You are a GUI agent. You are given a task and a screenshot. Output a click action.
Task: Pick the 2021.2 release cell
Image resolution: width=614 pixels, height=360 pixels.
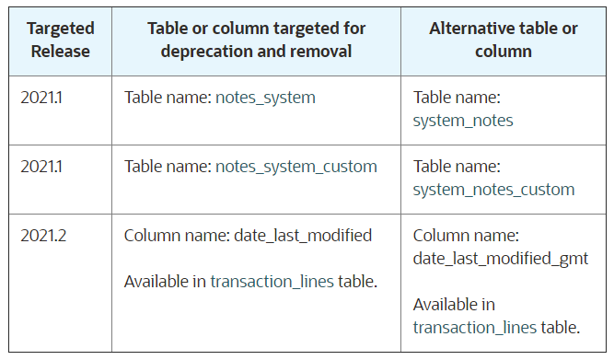[43, 236]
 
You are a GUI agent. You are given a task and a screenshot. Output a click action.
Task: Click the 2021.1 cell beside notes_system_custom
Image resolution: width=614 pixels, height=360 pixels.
[42, 167]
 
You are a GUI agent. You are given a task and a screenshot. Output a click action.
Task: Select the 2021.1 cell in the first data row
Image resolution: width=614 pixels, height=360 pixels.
[42, 98]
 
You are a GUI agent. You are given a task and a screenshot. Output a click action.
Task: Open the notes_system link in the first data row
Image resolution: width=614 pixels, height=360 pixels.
[265, 98]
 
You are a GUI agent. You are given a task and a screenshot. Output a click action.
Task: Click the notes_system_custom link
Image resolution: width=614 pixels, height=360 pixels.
[295, 167]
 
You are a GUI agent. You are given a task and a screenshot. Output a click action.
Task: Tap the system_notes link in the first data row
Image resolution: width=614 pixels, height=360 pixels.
[463, 121]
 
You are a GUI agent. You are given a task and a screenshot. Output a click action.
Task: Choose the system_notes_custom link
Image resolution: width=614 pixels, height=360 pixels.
[493, 190]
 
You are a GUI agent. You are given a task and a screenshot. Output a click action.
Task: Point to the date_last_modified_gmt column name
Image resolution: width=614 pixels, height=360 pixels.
[500, 259]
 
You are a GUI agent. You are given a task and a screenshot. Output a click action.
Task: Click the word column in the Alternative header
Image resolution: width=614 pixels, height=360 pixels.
[503, 51]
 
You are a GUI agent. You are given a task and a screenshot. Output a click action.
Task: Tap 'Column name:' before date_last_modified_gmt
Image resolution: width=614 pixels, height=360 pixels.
[466, 236]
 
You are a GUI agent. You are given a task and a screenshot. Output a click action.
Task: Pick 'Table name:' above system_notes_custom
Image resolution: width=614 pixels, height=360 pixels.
[457, 167]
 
